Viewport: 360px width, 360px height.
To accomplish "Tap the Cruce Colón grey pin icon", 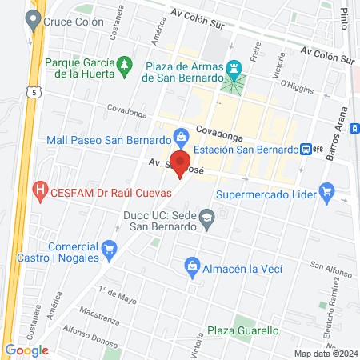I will [34, 22].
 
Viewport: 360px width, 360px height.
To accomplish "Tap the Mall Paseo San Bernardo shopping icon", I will [182, 135].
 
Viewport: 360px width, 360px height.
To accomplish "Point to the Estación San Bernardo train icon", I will [306, 148].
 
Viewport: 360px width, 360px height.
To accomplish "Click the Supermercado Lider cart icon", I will [326, 191].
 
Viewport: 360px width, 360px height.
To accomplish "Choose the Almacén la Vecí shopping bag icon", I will [192, 266].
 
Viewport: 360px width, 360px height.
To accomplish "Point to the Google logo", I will [26, 350].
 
